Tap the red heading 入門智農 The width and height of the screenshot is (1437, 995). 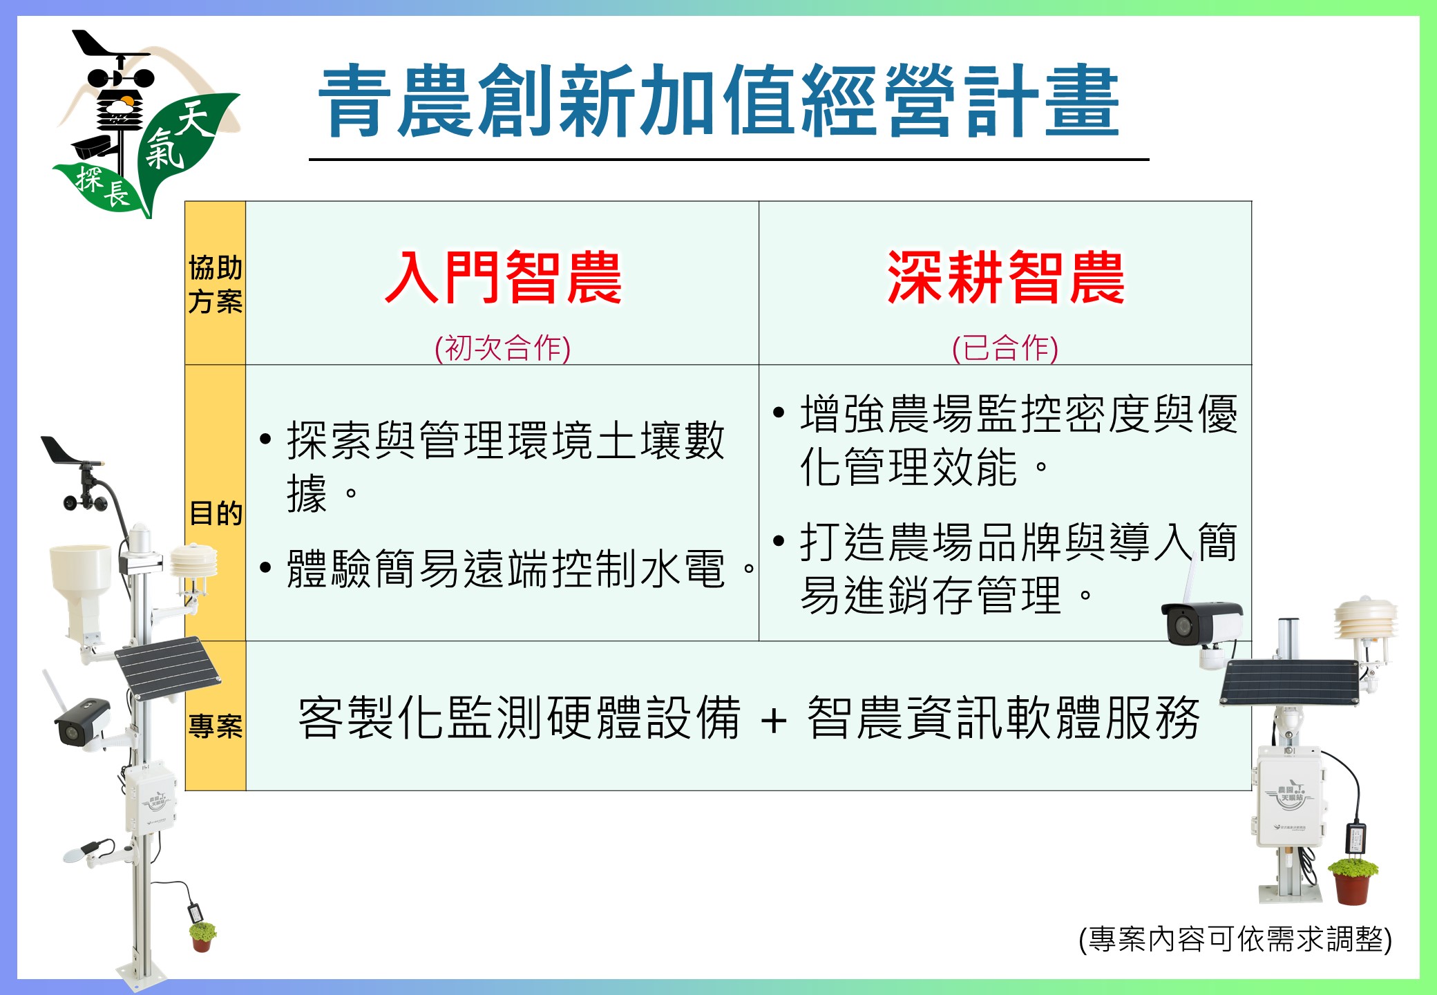tap(504, 278)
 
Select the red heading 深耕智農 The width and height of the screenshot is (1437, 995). tap(1005, 278)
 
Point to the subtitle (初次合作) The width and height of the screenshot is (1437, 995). tap(502, 348)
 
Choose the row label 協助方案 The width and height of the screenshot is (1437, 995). tap(216, 284)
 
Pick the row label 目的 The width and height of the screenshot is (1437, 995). tap(216, 513)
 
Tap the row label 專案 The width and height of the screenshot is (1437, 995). tap(216, 726)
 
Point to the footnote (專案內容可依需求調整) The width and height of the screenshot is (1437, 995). tap(1235, 939)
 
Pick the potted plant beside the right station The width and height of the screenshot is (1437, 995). tap(1352, 880)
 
